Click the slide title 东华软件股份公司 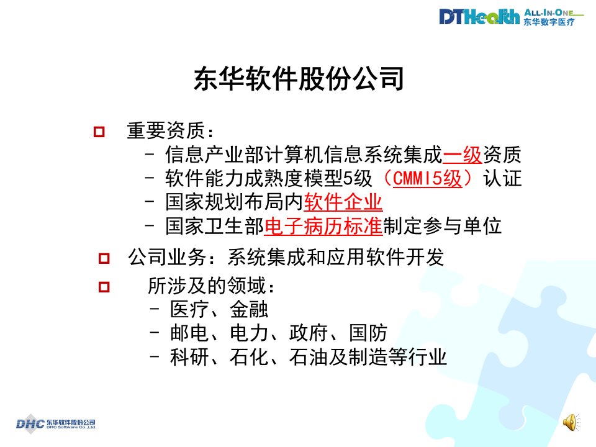click(299, 79)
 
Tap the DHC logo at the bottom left click(56, 423)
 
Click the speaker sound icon click(571, 422)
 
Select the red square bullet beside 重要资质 click(99, 132)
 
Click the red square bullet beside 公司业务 click(104, 258)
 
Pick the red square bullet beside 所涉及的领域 click(104, 287)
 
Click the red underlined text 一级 click(463, 155)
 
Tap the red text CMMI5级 click(427, 178)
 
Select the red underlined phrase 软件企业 click(343, 202)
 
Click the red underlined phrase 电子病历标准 click(323, 226)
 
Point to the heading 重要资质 click(166, 131)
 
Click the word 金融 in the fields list click(250, 309)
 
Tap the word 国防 click(368, 333)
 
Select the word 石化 click(250, 357)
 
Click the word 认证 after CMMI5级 click(502, 178)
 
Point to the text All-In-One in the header click(549, 12)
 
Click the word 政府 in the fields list click(309, 333)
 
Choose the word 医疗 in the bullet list click(190, 309)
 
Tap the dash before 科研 click(155, 357)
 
